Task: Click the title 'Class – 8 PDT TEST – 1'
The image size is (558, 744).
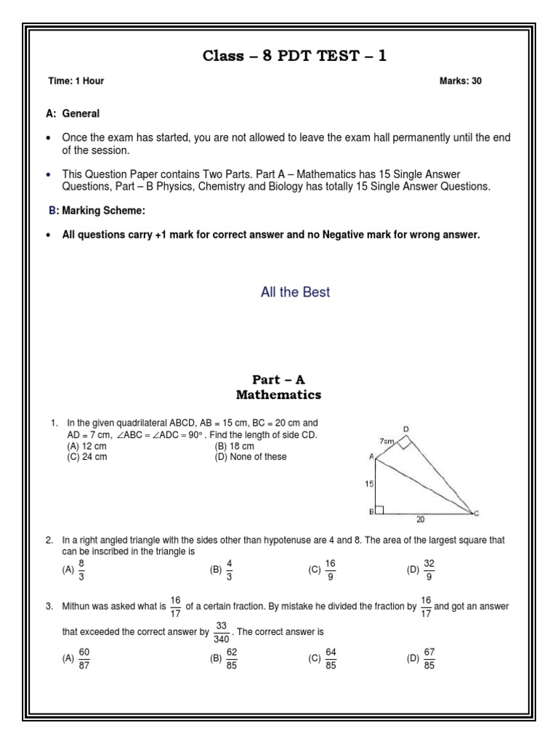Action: (294, 57)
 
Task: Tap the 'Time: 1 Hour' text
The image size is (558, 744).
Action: (76, 81)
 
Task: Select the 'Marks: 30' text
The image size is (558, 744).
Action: (461, 81)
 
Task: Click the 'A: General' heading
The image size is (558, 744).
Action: (73, 114)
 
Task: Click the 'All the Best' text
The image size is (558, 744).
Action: (295, 292)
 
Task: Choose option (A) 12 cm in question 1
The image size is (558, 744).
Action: (86, 445)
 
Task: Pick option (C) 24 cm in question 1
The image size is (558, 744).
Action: (86, 456)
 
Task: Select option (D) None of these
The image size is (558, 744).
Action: (251, 456)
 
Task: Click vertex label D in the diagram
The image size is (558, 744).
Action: (406, 429)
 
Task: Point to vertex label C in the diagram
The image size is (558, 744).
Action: (476, 514)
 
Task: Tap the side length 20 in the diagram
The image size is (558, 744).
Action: (420, 519)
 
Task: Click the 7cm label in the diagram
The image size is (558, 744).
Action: (386, 441)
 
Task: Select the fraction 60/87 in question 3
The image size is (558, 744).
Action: (83, 659)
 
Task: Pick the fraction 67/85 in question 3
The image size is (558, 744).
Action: (428, 659)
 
